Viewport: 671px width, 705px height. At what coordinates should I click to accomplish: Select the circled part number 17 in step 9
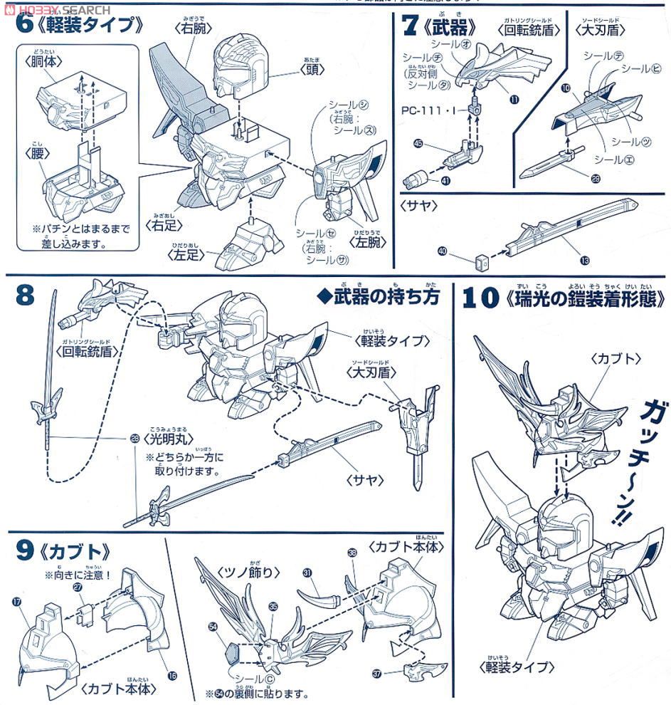17,601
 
